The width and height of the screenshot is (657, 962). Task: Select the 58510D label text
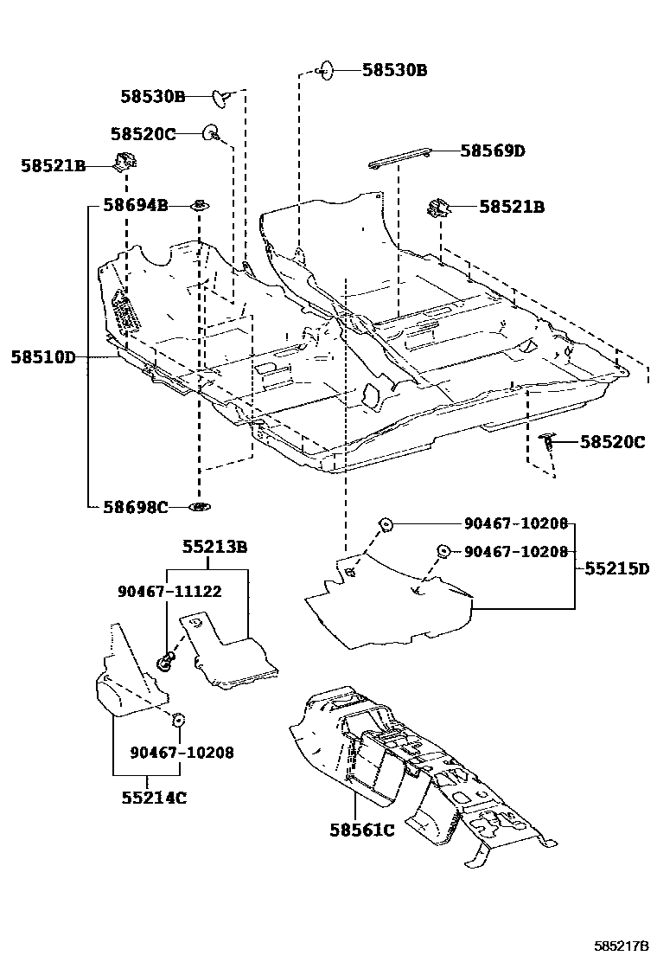[x=43, y=356]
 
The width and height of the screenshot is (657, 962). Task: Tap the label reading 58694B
[x=135, y=205]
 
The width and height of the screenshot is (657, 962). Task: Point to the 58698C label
[x=135, y=507]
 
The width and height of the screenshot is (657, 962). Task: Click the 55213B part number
[x=214, y=547]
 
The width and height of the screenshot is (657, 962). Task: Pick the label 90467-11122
[x=169, y=591]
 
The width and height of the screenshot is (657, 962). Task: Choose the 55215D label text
[x=616, y=568]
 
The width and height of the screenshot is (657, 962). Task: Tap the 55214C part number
[x=154, y=798]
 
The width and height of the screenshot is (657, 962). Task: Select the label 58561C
[x=361, y=831]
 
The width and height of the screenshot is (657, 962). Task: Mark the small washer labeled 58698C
[x=200, y=506]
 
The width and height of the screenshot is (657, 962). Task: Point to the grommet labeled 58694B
[x=199, y=206]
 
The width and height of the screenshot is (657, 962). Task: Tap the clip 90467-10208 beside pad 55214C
[x=179, y=719]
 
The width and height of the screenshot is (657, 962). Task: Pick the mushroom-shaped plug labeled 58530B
[x=223, y=98]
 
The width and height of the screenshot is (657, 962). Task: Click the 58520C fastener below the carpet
[x=547, y=442]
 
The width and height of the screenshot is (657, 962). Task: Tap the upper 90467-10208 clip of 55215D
[x=386, y=523]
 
